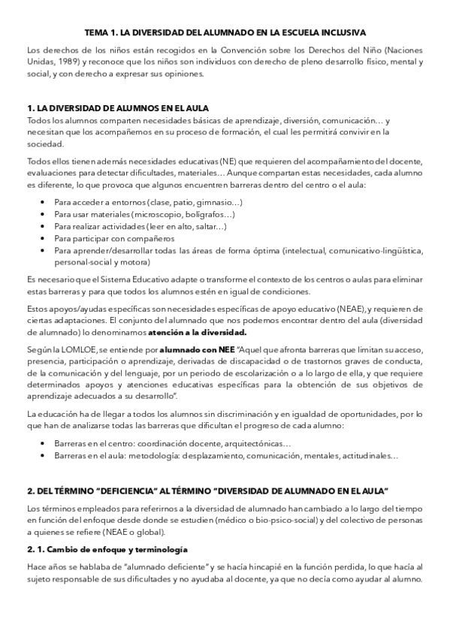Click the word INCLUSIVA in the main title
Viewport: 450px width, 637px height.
pyautogui.click(x=341, y=33)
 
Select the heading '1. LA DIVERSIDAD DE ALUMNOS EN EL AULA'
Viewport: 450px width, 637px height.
pyautogui.click(x=117, y=108)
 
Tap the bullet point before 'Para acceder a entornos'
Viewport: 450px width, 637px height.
pyautogui.click(x=41, y=203)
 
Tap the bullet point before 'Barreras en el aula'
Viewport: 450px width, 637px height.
pyautogui.click(x=41, y=457)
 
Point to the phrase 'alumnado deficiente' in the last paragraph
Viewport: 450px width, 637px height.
pyautogui.click(x=169, y=569)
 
